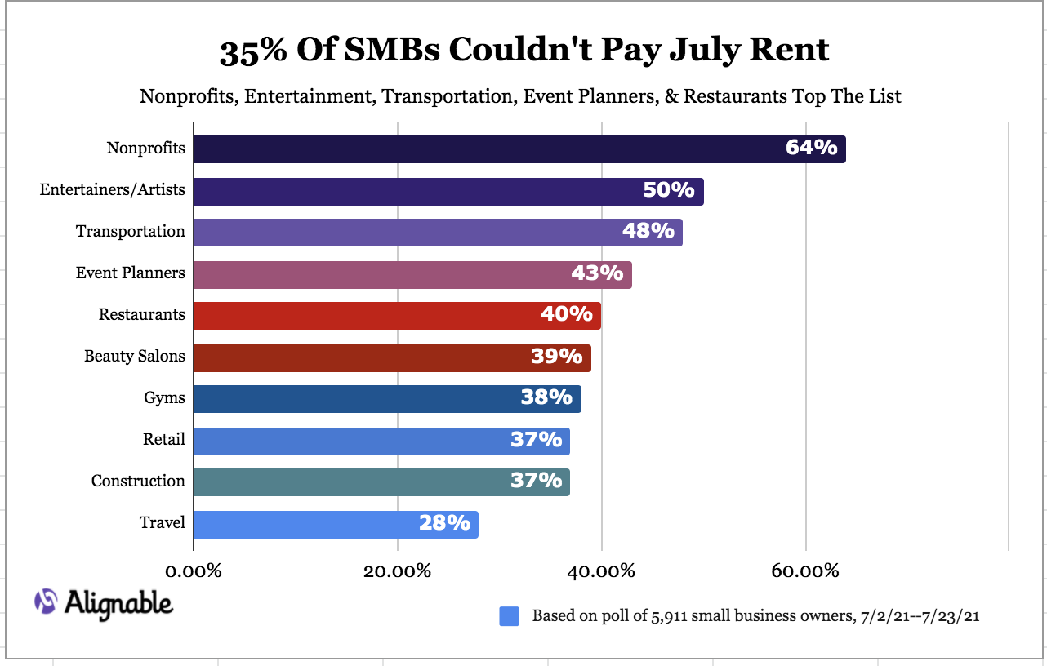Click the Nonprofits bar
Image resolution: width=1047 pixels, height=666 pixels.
coord(519,149)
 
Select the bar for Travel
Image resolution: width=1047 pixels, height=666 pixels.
coord(336,525)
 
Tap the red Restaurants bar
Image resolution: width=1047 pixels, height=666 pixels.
coord(397,316)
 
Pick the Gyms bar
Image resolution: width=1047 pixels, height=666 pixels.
coord(387,399)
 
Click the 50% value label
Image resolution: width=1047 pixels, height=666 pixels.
coord(669,190)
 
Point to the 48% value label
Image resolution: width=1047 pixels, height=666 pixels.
coord(648,231)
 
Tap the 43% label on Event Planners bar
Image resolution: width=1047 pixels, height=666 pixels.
coord(597,273)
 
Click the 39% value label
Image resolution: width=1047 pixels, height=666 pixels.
coord(557,357)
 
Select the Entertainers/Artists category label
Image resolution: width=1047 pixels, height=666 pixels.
coord(112,190)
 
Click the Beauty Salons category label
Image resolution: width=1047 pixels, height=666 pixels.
coord(135,357)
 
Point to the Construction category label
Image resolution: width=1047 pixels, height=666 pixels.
coord(138,481)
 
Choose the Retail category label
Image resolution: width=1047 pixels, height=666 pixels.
coord(164,439)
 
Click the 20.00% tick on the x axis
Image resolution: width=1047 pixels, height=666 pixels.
coord(397,571)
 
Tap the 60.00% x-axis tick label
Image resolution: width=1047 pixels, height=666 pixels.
coord(805,571)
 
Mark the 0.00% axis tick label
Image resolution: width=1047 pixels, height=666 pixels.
coord(194,571)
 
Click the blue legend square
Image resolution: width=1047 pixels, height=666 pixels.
coord(509,616)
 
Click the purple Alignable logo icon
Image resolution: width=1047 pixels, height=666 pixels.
coord(46,601)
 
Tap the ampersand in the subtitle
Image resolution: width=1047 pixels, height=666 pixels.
coord(671,96)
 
